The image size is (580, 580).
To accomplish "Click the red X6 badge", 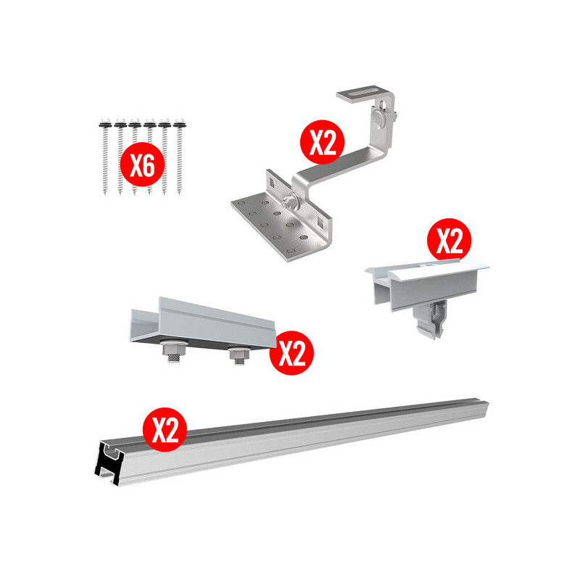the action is (x=142, y=165).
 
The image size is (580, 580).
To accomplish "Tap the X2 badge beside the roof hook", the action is (x=322, y=141).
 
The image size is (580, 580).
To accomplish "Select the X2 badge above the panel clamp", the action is (x=449, y=241).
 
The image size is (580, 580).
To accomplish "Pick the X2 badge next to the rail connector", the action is (x=291, y=353).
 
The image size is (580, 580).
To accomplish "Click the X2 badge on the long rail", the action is (x=165, y=429).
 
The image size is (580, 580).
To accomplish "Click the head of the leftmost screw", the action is (x=105, y=123).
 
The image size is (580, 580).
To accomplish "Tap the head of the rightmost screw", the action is (x=179, y=123).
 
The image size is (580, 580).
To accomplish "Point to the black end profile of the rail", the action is (x=108, y=463).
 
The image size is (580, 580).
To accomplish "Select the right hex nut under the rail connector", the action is (x=239, y=353).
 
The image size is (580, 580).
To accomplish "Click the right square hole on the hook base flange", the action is (x=320, y=221).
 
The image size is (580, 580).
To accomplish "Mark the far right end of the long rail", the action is (x=487, y=407).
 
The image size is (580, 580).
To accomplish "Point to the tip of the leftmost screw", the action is (x=105, y=193).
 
